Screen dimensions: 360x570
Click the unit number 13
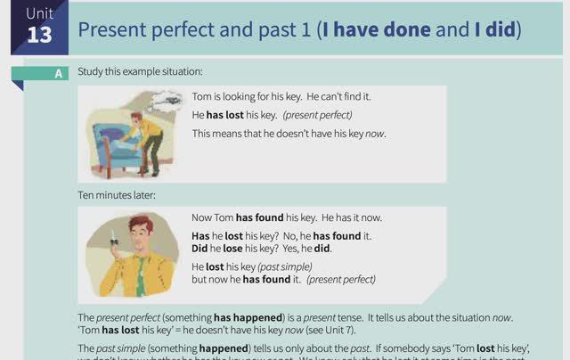[39, 35]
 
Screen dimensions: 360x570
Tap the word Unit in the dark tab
[39, 12]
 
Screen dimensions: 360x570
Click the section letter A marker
[59, 74]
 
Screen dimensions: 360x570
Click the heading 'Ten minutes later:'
[117, 195]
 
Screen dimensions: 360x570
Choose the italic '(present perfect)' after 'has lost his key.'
[317, 115]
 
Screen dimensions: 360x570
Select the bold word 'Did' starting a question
[199, 249]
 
